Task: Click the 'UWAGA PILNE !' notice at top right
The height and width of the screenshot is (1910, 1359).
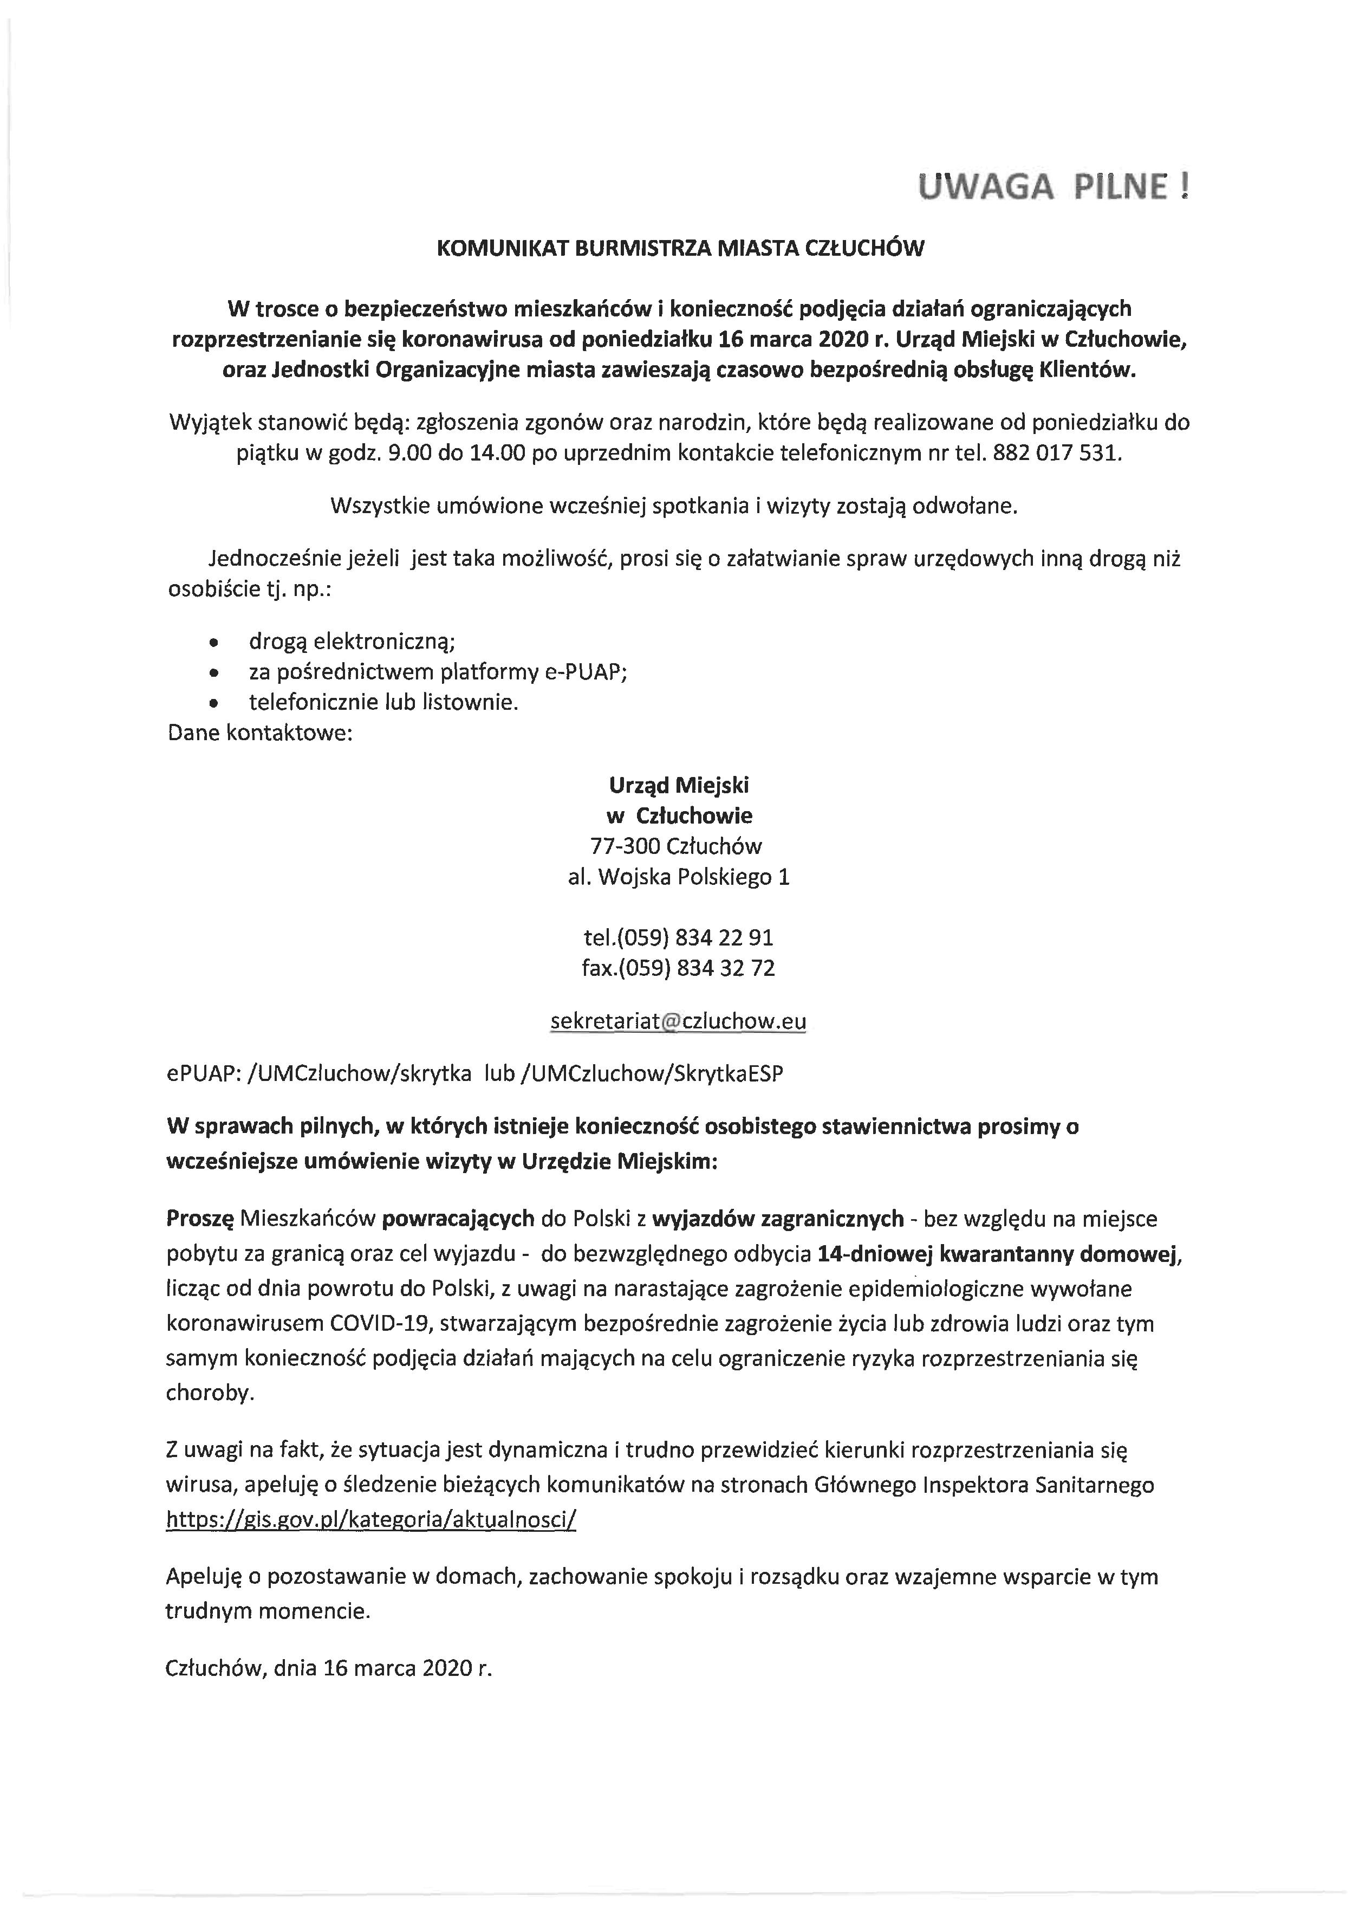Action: point(1053,186)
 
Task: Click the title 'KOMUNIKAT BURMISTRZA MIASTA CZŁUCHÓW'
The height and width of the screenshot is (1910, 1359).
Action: point(680,249)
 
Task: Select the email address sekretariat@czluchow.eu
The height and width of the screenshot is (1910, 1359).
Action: point(678,1021)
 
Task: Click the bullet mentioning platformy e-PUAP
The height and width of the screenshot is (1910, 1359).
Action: point(438,671)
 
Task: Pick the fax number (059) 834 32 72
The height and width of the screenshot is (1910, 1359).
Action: point(678,968)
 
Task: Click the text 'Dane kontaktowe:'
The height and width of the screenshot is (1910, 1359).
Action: point(259,733)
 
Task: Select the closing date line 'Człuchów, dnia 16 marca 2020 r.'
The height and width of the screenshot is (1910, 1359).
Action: point(329,1644)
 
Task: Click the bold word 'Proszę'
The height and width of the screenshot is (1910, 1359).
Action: point(200,1218)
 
